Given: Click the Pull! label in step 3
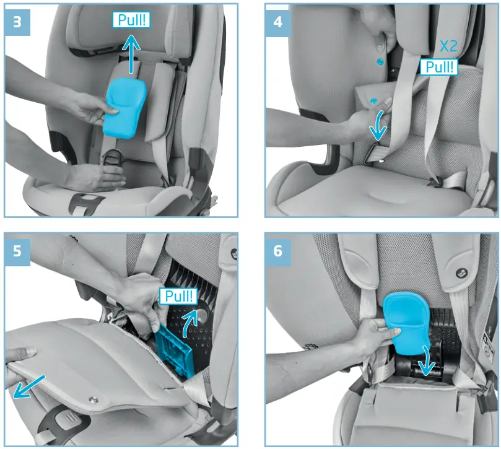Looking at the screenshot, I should point(133,20).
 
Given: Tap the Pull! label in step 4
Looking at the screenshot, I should point(438,67).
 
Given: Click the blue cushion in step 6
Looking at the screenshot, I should point(406,322).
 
